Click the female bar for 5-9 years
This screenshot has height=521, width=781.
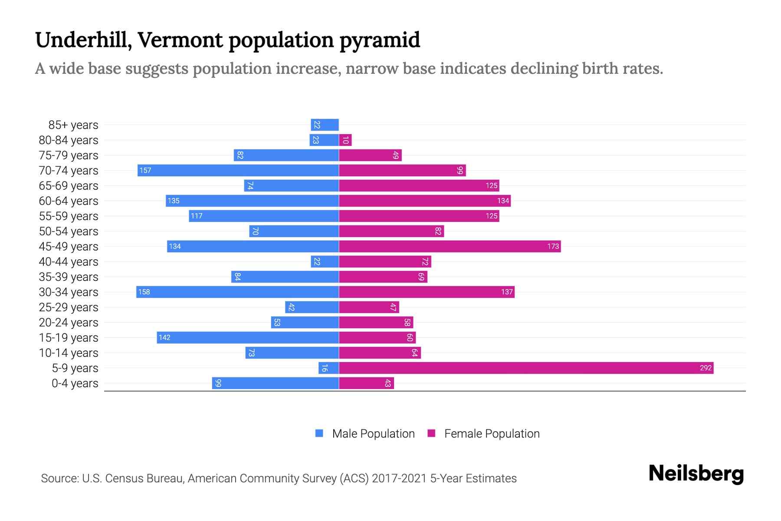[x=526, y=368]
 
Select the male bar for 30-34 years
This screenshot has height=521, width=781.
[x=237, y=292]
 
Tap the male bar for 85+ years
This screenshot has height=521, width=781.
[x=325, y=125]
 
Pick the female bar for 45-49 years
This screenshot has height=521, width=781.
[x=450, y=247]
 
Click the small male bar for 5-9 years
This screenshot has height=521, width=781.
[x=328, y=368]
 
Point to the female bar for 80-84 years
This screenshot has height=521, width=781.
[x=345, y=140]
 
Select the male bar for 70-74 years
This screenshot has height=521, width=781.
[x=238, y=171]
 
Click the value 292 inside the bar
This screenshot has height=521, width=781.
[x=706, y=368]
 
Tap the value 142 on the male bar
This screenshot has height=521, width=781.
[x=164, y=338]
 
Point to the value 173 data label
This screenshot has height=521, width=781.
[x=553, y=247]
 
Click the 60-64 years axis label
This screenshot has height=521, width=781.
[x=69, y=201]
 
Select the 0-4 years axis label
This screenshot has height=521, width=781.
[x=75, y=383]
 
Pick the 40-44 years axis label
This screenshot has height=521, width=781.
[x=69, y=262]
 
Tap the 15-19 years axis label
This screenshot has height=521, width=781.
[x=69, y=338]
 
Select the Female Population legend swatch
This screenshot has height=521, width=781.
[x=431, y=433]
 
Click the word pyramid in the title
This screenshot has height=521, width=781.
[x=380, y=40]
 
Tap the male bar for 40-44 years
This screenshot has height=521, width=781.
[x=325, y=262]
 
